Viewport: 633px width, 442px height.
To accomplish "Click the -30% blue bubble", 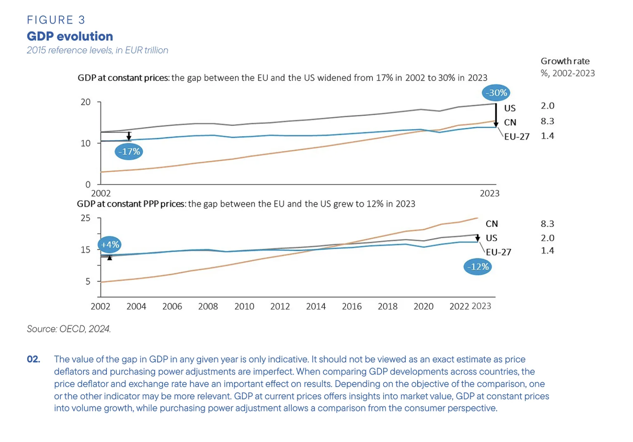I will point(496,93).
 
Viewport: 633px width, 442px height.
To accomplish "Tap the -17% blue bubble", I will point(129,151).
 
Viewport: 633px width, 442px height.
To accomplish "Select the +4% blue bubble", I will point(110,245).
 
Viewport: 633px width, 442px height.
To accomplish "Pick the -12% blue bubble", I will point(478,267).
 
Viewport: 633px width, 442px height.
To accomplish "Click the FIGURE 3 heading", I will point(56,20).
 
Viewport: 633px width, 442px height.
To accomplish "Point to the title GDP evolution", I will point(70,36).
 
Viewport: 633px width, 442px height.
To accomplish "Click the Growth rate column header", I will point(565,61).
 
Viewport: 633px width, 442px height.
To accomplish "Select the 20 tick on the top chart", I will point(86,102).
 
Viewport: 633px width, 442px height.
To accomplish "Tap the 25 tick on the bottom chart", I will point(86,218).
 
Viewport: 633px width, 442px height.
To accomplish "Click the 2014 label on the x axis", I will point(316,307).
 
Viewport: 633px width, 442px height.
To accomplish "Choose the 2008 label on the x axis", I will point(208,307).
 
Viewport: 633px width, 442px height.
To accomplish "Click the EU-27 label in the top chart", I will point(517,137).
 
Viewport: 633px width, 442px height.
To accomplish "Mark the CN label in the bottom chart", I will point(492,224).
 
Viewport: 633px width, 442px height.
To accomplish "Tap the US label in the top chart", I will point(510,108).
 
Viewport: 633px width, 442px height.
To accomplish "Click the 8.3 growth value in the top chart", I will point(547,121).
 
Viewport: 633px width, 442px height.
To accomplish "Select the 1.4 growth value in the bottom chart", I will point(547,251).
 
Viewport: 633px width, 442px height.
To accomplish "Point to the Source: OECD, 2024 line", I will point(69,329).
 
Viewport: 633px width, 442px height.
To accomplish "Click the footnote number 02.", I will point(34,359).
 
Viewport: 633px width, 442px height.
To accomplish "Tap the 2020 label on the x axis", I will point(423,307).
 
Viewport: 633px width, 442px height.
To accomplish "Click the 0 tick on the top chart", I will point(88,185).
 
